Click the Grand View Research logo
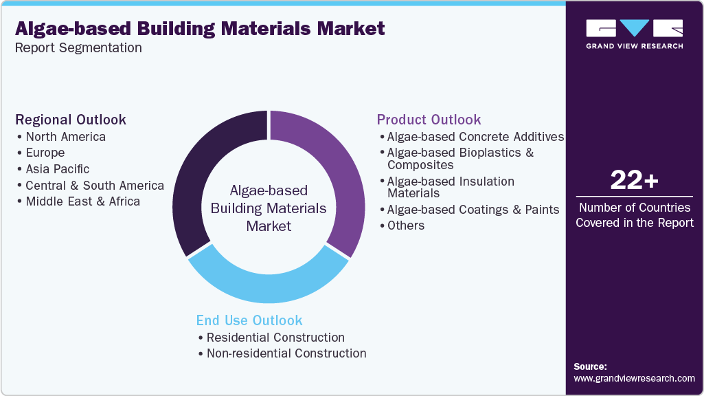(634, 34)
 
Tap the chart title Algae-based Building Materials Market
(200, 29)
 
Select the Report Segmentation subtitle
(78, 47)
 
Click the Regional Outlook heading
(71, 120)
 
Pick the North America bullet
(65, 137)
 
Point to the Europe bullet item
(45, 153)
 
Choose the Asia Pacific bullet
(57, 169)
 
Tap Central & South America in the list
(94, 186)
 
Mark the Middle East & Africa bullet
(82, 201)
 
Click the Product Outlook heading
(429, 120)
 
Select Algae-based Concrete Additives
(475, 137)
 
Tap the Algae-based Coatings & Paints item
(473, 209)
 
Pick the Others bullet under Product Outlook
(405, 225)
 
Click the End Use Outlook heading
(249, 320)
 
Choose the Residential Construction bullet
(275, 338)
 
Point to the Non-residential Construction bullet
(286, 353)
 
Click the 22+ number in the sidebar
(634, 181)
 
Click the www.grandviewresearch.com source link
(634, 378)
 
